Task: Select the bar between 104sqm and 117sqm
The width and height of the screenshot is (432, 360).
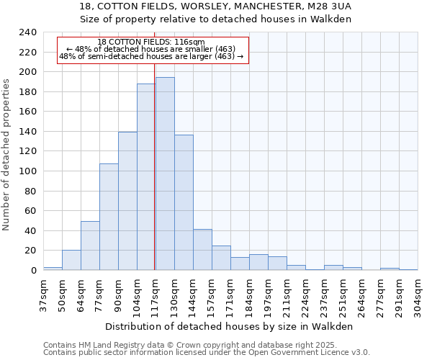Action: (146, 177)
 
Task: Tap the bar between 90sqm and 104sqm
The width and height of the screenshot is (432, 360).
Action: (127, 202)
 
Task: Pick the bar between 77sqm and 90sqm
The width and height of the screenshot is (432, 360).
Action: (109, 217)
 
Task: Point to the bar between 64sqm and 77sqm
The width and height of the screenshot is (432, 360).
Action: (90, 246)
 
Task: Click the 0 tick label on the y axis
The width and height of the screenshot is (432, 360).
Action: (33, 271)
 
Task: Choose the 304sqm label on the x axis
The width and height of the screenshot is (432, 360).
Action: (418, 294)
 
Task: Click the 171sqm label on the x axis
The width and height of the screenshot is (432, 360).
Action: (230, 294)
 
